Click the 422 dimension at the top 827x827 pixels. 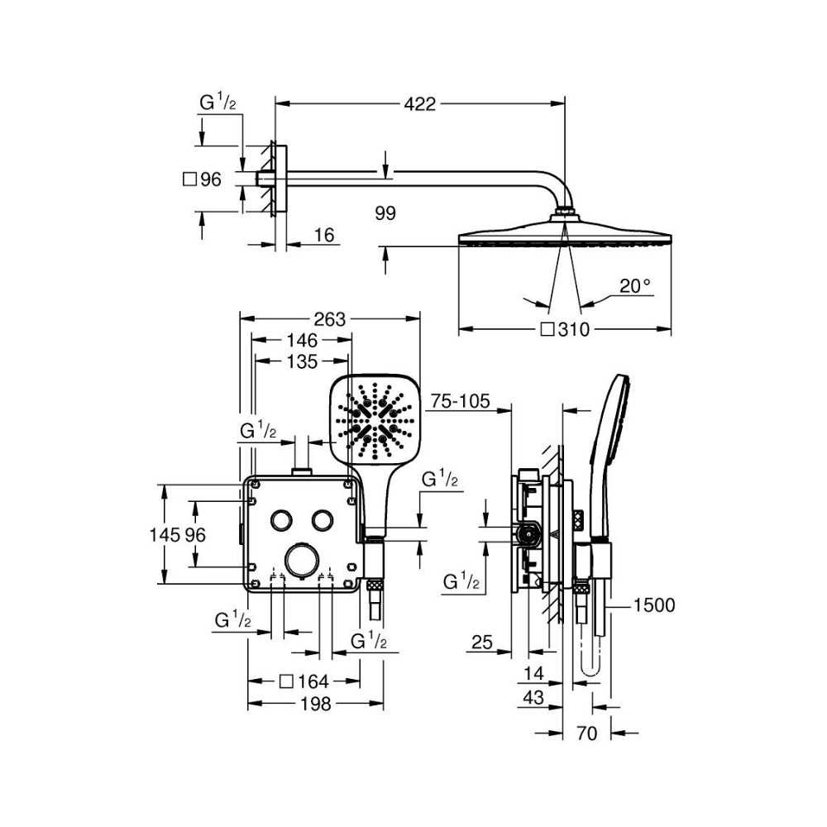420,104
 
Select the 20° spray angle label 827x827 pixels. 635,286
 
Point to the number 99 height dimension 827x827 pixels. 385,213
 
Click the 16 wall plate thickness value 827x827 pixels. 324,235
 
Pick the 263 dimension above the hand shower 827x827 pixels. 330,319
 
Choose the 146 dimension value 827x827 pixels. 302,340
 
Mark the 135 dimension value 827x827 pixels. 302,361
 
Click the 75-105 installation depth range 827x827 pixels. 460,401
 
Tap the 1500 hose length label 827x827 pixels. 653,605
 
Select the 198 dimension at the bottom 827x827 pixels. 315,703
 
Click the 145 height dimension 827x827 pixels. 165,535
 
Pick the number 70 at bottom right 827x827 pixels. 586,733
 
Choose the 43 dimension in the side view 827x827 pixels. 533,697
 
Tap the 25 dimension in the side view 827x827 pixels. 482,642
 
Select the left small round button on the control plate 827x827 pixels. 280,519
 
